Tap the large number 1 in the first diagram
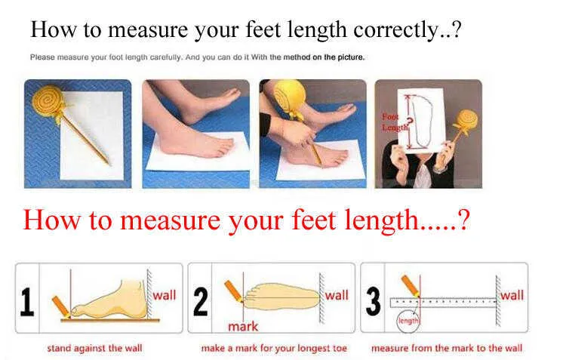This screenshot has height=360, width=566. point(27,302)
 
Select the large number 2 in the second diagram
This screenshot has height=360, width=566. point(201,301)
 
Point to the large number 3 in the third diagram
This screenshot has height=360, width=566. point(374,301)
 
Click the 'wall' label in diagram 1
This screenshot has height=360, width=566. point(165,295)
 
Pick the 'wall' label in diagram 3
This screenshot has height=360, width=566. point(512,295)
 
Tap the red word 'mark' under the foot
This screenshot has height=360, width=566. point(243,327)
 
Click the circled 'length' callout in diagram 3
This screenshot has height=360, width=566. point(408,320)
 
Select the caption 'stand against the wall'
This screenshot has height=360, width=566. point(94,349)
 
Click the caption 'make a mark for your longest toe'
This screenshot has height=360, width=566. point(274,349)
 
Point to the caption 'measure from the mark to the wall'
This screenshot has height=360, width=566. point(447,348)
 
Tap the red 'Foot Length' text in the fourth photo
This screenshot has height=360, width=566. point(395,122)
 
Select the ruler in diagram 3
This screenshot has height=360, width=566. point(444,303)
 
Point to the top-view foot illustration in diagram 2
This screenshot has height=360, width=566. point(282,297)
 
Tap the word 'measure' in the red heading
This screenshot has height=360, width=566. point(171,220)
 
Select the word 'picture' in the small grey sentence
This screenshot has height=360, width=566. point(350,57)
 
